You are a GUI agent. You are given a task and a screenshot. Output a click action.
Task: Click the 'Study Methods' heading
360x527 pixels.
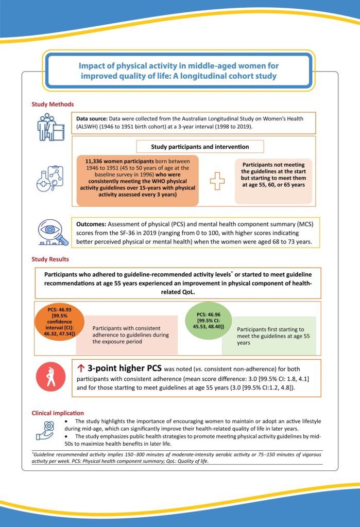click(x=53, y=104)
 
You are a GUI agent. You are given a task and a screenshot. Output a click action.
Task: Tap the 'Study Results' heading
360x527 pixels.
click(x=50, y=259)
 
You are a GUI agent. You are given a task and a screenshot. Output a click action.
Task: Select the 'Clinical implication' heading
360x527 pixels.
click(x=58, y=413)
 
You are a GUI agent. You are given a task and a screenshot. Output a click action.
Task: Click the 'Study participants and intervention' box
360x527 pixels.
click(x=200, y=147)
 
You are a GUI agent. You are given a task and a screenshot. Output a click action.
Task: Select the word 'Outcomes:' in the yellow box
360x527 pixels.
click(x=93, y=225)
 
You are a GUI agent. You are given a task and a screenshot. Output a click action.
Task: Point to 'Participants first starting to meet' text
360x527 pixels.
click(x=270, y=329)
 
